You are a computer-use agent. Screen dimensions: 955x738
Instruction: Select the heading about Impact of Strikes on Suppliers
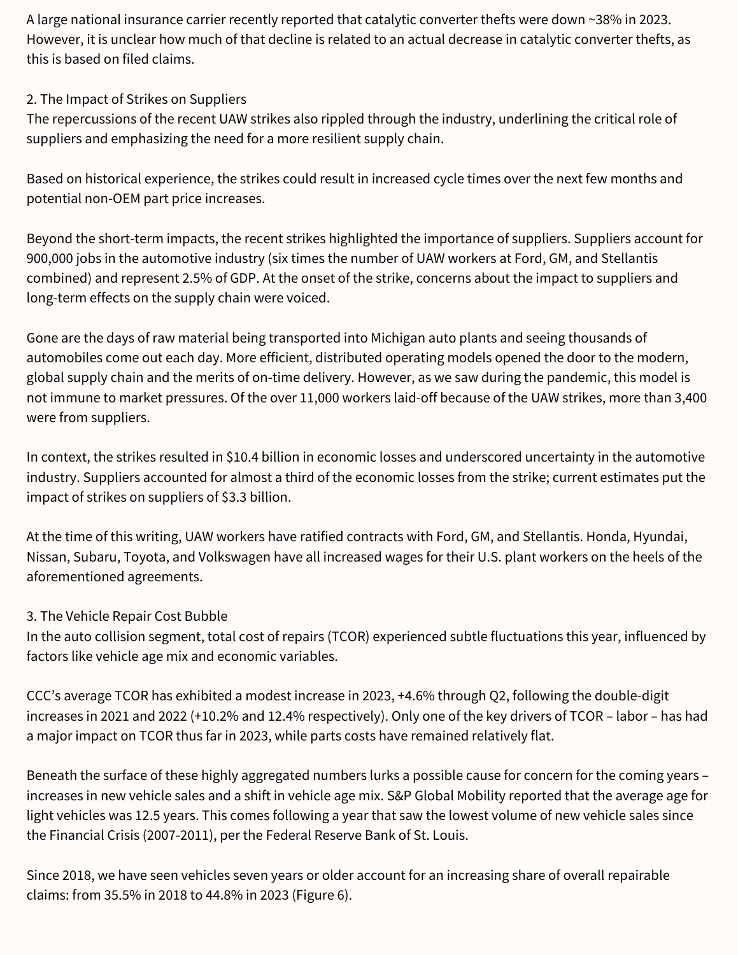point(136,99)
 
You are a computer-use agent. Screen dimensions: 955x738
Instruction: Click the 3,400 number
point(690,398)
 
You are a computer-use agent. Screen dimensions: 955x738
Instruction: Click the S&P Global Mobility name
point(444,795)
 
